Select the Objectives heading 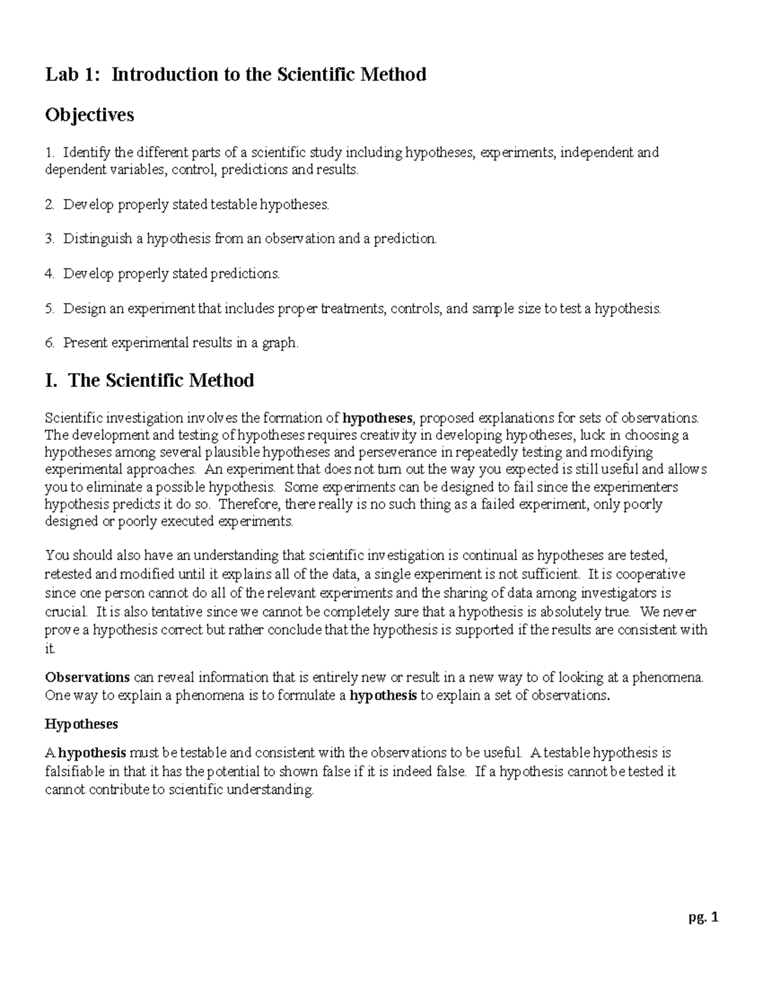(90, 115)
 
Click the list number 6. (49, 343)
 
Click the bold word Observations (88, 677)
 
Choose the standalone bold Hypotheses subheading (81, 724)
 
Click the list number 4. (49, 274)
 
